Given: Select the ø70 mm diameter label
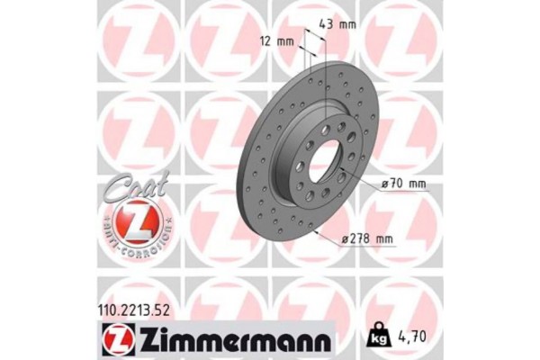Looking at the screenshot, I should tap(404, 184).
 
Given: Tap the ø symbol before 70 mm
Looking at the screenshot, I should tap(385, 184).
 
